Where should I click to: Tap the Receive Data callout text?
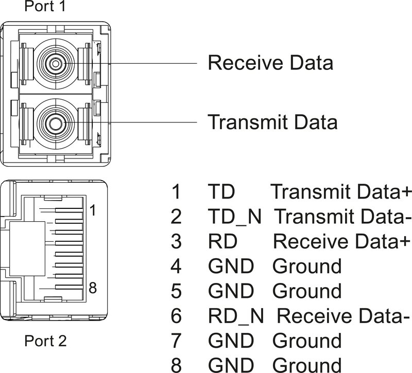tap(270, 63)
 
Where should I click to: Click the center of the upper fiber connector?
tap(54, 63)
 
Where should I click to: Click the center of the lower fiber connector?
tap(54, 122)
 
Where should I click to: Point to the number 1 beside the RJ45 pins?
tap(92, 210)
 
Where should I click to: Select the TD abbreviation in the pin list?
tap(221, 192)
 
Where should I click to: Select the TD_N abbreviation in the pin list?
tap(235, 217)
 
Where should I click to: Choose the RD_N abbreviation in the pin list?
tap(235, 315)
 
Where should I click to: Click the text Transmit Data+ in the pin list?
tap(341, 192)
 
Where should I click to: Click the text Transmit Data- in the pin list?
tap(342, 217)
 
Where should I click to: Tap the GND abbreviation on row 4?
tap(231, 266)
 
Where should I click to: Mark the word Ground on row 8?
tap(306, 364)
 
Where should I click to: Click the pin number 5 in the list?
tap(176, 291)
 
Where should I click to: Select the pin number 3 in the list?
tap(176, 241)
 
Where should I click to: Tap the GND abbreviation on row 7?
tap(231, 340)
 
